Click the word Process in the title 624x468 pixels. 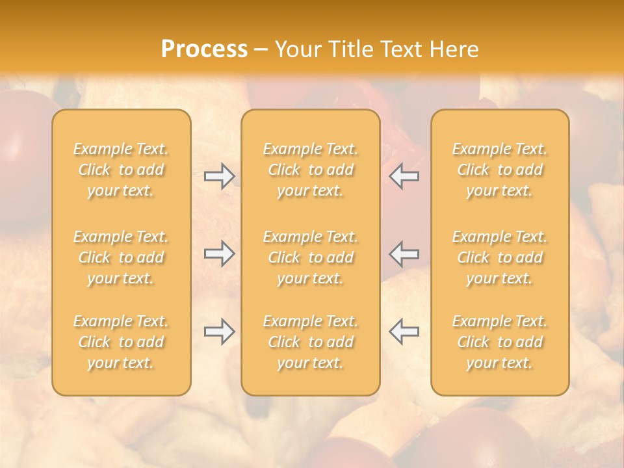pyautogui.click(x=204, y=49)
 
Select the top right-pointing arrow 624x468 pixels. pyautogui.click(x=219, y=176)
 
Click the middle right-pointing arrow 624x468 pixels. pyautogui.click(x=219, y=253)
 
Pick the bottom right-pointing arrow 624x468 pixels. pyautogui.click(x=219, y=331)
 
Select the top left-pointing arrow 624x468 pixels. pyautogui.click(x=404, y=176)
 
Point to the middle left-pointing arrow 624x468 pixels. pyautogui.click(x=404, y=253)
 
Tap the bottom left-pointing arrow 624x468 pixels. pyautogui.click(x=404, y=331)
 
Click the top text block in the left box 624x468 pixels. pyautogui.click(x=121, y=170)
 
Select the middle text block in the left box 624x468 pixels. pyautogui.click(x=121, y=257)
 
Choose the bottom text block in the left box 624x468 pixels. pyautogui.click(x=121, y=342)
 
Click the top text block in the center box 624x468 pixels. pyautogui.click(x=311, y=170)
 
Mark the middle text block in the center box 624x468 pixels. pyautogui.click(x=311, y=257)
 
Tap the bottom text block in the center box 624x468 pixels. pyautogui.click(x=311, y=342)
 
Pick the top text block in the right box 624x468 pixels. pyautogui.click(x=500, y=170)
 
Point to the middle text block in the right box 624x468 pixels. pyautogui.click(x=500, y=257)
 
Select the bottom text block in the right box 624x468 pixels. pyautogui.click(x=500, y=342)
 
